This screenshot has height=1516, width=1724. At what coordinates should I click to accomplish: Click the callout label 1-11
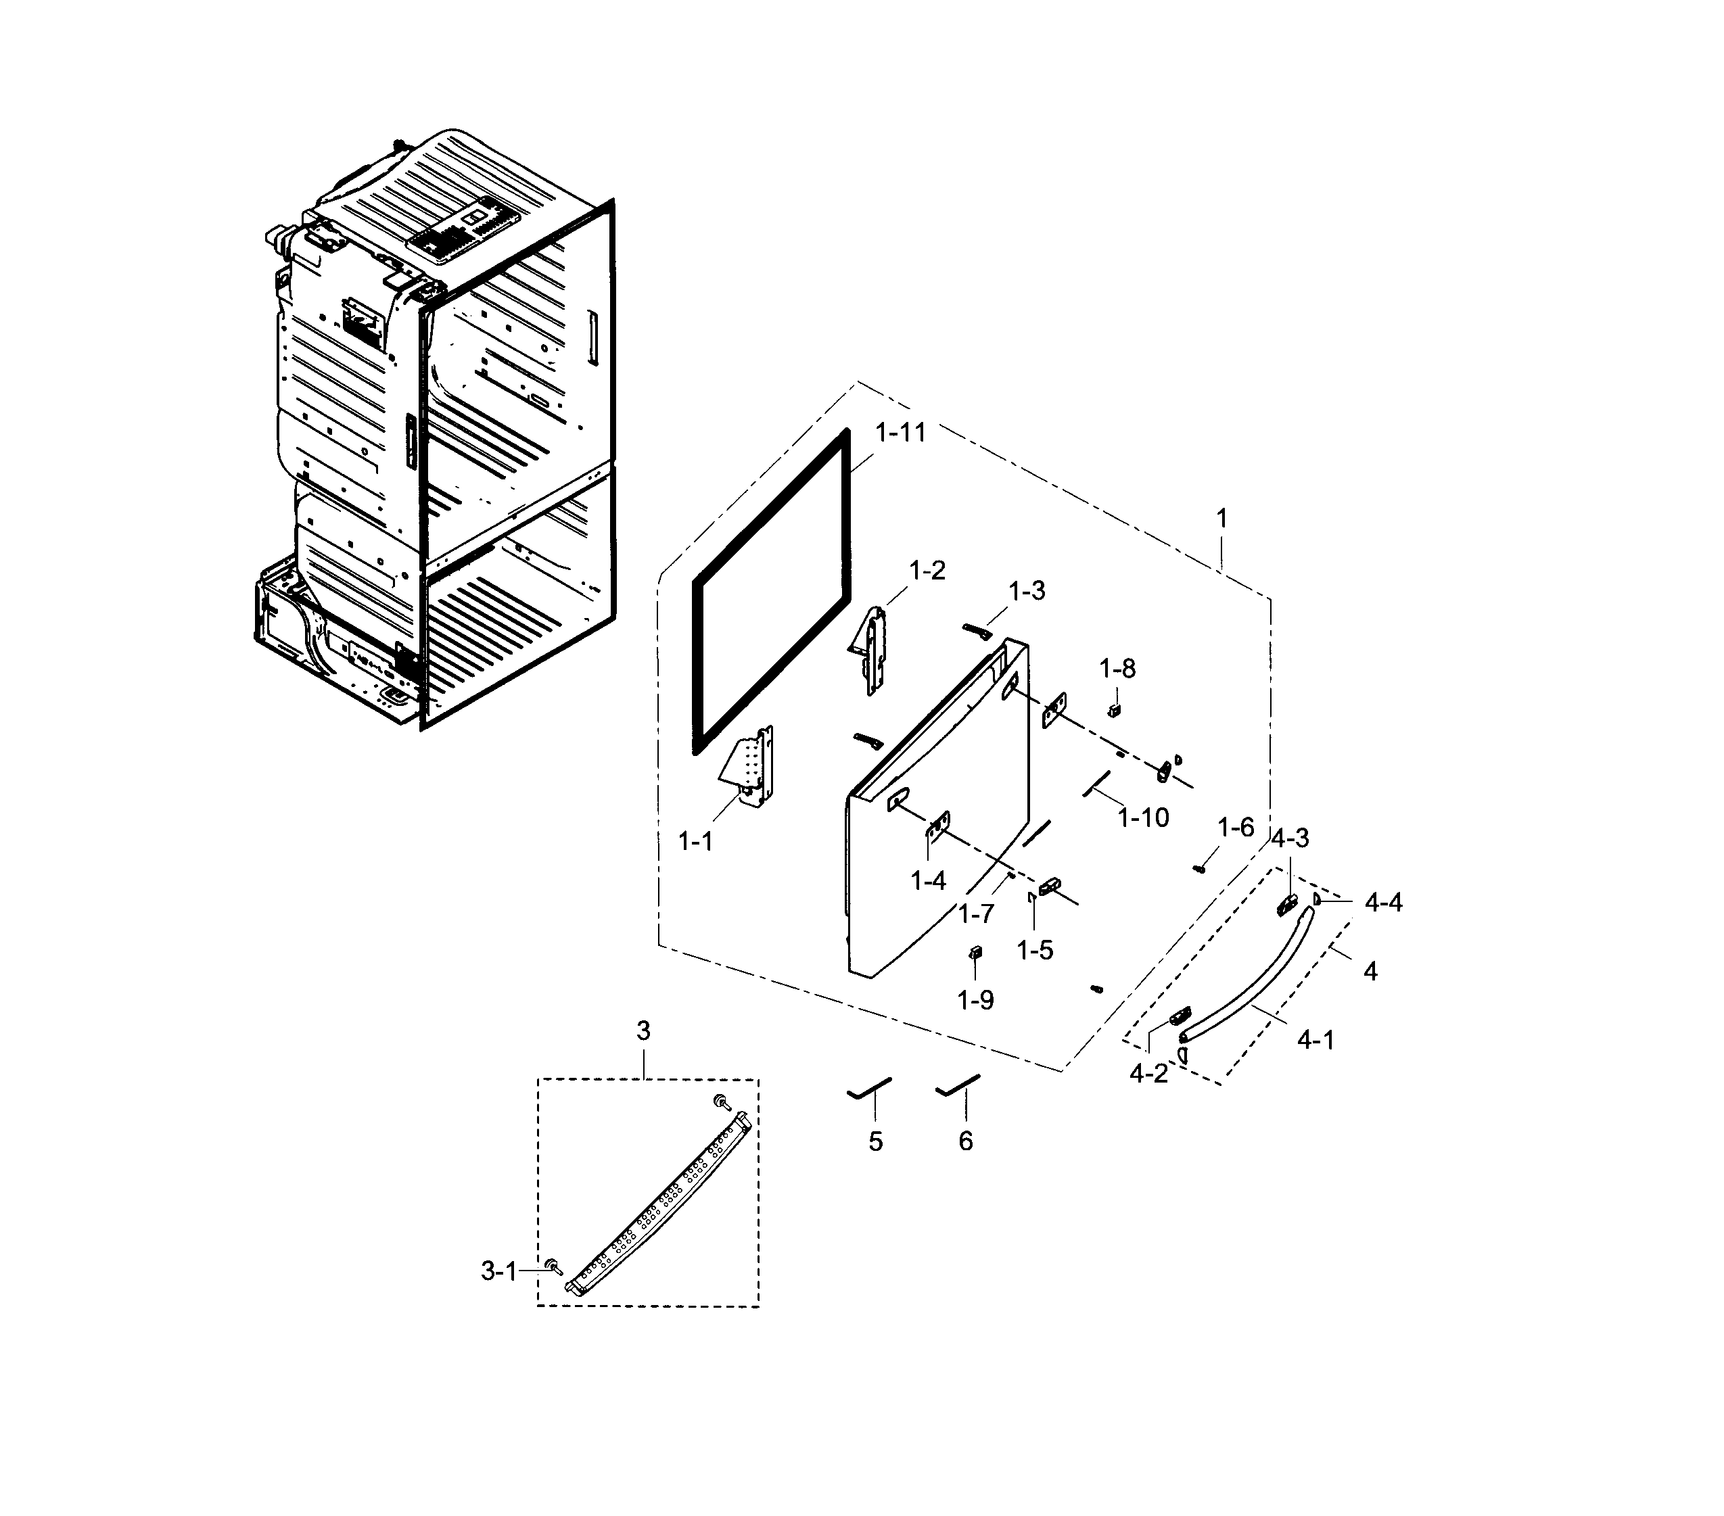(900, 433)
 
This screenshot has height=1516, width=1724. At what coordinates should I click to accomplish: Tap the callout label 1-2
(927, 571)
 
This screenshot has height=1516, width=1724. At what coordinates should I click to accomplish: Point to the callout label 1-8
(1117, 669)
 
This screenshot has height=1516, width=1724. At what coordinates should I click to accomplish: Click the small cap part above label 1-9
(976, 953)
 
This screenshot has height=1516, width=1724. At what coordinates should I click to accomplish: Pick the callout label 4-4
(1383, 903)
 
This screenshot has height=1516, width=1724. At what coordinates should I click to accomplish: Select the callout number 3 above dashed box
(644, 1031)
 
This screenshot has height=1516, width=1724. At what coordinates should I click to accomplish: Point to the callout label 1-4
(928, 881)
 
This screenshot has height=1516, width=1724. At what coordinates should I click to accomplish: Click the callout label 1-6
(1236, 828)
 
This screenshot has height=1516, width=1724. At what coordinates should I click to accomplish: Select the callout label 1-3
(1027, 591)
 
